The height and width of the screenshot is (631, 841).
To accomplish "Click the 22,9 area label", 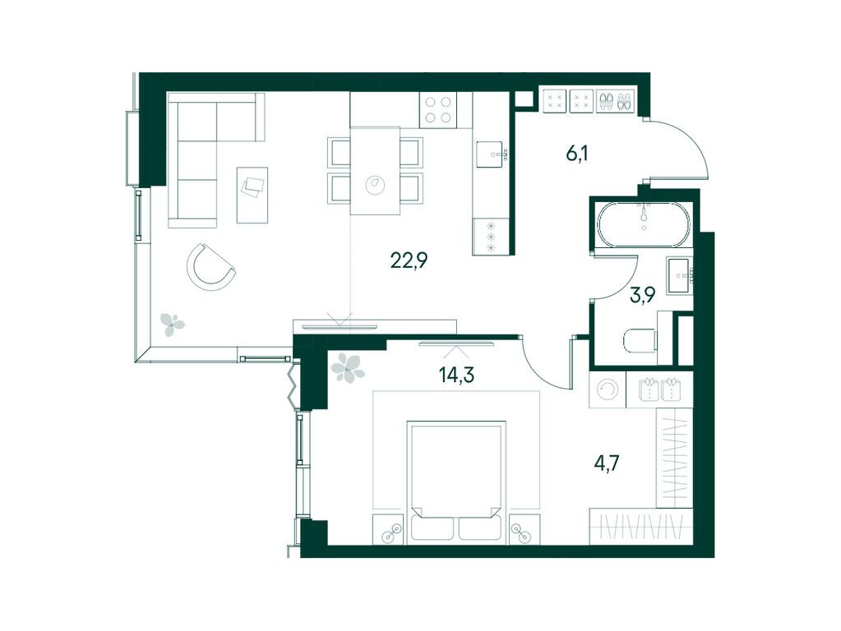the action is click(x=409, y=261).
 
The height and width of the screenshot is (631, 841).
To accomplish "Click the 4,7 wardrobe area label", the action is click(x=607, y=462).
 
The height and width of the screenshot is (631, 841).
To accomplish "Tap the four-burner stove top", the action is click(x=438, y=110).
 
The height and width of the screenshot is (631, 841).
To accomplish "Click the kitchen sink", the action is click(x=489, y=154).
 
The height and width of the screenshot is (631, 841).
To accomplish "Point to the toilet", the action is click(x=640, y=341).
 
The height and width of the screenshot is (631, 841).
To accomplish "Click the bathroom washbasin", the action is click(x=680, y=275).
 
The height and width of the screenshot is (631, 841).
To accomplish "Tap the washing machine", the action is click(x=608, y=390).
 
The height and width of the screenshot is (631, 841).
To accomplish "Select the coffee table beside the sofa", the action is click(x=252, y=196).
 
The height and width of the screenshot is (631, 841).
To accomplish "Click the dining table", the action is click(x=375, y=170).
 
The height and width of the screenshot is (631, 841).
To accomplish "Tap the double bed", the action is click(x=456, y=482).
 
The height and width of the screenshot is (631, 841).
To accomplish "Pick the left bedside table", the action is click(x=389, y=529).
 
